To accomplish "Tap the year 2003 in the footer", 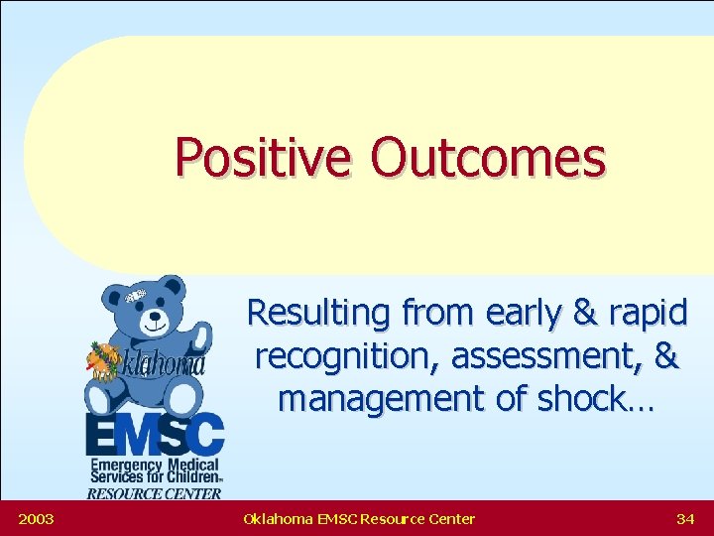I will click(x=36, y=519).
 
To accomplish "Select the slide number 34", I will click(x=684, y=519).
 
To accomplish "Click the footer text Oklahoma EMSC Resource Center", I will click(x=358, y=519).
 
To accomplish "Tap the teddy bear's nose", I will click(x=156, y=322).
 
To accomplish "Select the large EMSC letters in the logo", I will click(x=154, y=435).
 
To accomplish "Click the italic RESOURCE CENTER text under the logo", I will click(x=154, y=493).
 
